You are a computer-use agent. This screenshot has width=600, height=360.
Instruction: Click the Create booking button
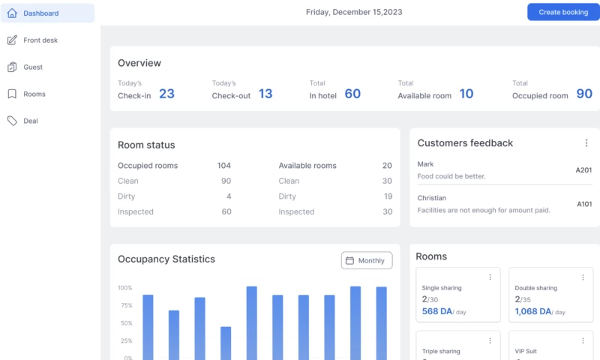(x=563, y=12)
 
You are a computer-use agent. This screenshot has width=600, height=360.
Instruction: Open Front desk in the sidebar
(x=40, y=40)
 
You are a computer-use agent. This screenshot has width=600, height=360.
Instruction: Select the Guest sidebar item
(x=33, y=67)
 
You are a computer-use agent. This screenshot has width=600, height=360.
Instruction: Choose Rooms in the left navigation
(x=34, y=94)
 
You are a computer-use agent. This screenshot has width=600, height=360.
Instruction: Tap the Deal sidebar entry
(x=31, y=121)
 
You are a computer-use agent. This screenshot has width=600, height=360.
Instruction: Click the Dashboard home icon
(x=12, y=13)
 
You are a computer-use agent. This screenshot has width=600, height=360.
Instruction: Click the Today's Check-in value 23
(x=166, y=94)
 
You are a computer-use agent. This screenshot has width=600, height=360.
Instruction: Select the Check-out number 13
(x=265, y=94)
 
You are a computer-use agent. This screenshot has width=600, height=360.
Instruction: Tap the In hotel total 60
(x=352, y=94)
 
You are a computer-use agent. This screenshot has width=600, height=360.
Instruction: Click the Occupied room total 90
(x=584, y=94)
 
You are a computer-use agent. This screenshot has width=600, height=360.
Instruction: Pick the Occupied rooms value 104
(x=223, y=166)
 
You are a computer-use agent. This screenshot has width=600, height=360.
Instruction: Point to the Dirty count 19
(x=388, y=196)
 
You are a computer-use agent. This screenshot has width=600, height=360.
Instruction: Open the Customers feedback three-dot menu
(x=586, y=143)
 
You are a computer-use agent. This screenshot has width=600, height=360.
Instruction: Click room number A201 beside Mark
(x=583, y=170)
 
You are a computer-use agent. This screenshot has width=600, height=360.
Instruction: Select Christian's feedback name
(x=432, y=198)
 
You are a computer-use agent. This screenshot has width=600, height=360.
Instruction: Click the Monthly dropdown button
(x=367, y=260)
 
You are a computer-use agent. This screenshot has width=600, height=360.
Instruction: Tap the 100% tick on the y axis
(x=124, y=288)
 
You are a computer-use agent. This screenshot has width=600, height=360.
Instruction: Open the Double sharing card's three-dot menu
(x=583, y=277)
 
